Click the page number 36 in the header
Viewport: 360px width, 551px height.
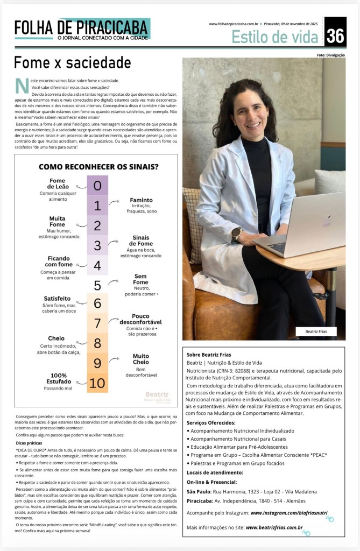335,36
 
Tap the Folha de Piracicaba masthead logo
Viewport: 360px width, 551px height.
82,29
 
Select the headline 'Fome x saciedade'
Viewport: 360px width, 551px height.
72,62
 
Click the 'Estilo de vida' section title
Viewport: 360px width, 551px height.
276,37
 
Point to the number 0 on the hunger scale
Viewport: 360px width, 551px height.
97,186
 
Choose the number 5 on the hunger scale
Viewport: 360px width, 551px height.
97,285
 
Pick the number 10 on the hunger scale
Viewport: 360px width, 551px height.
97,383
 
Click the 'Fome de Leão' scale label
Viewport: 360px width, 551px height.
57,184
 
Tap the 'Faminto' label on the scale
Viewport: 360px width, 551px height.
141,200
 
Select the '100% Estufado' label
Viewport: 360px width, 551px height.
59,379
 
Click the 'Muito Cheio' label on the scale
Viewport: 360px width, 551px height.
141,359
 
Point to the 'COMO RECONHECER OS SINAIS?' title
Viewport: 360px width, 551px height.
98,167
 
